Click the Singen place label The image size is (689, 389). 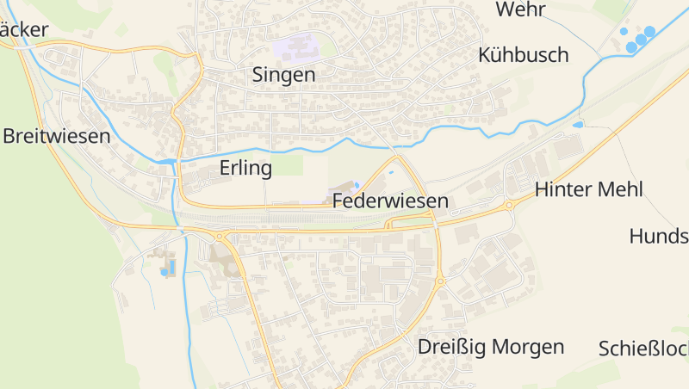click(283, 75)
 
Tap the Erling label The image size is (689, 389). click(245, 167)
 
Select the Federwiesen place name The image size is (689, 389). click(390, 201)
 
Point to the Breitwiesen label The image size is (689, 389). click(57, 136)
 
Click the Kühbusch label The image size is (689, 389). click(524, 55)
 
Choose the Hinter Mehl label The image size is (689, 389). click(589, 189)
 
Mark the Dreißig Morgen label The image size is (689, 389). click(491, 347)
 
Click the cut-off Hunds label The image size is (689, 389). click(659, 236)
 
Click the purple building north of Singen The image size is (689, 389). click(297, 43)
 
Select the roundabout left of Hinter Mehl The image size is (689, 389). click(509, 206)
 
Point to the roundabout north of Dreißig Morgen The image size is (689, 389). click(440, 281)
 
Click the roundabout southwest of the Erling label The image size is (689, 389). click(220, 235)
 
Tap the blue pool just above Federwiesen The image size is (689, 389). click(357, 185)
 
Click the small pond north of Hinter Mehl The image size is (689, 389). click(577, 125)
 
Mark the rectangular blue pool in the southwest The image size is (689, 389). click(170, 267)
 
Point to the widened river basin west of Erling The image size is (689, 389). click(166, 161)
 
